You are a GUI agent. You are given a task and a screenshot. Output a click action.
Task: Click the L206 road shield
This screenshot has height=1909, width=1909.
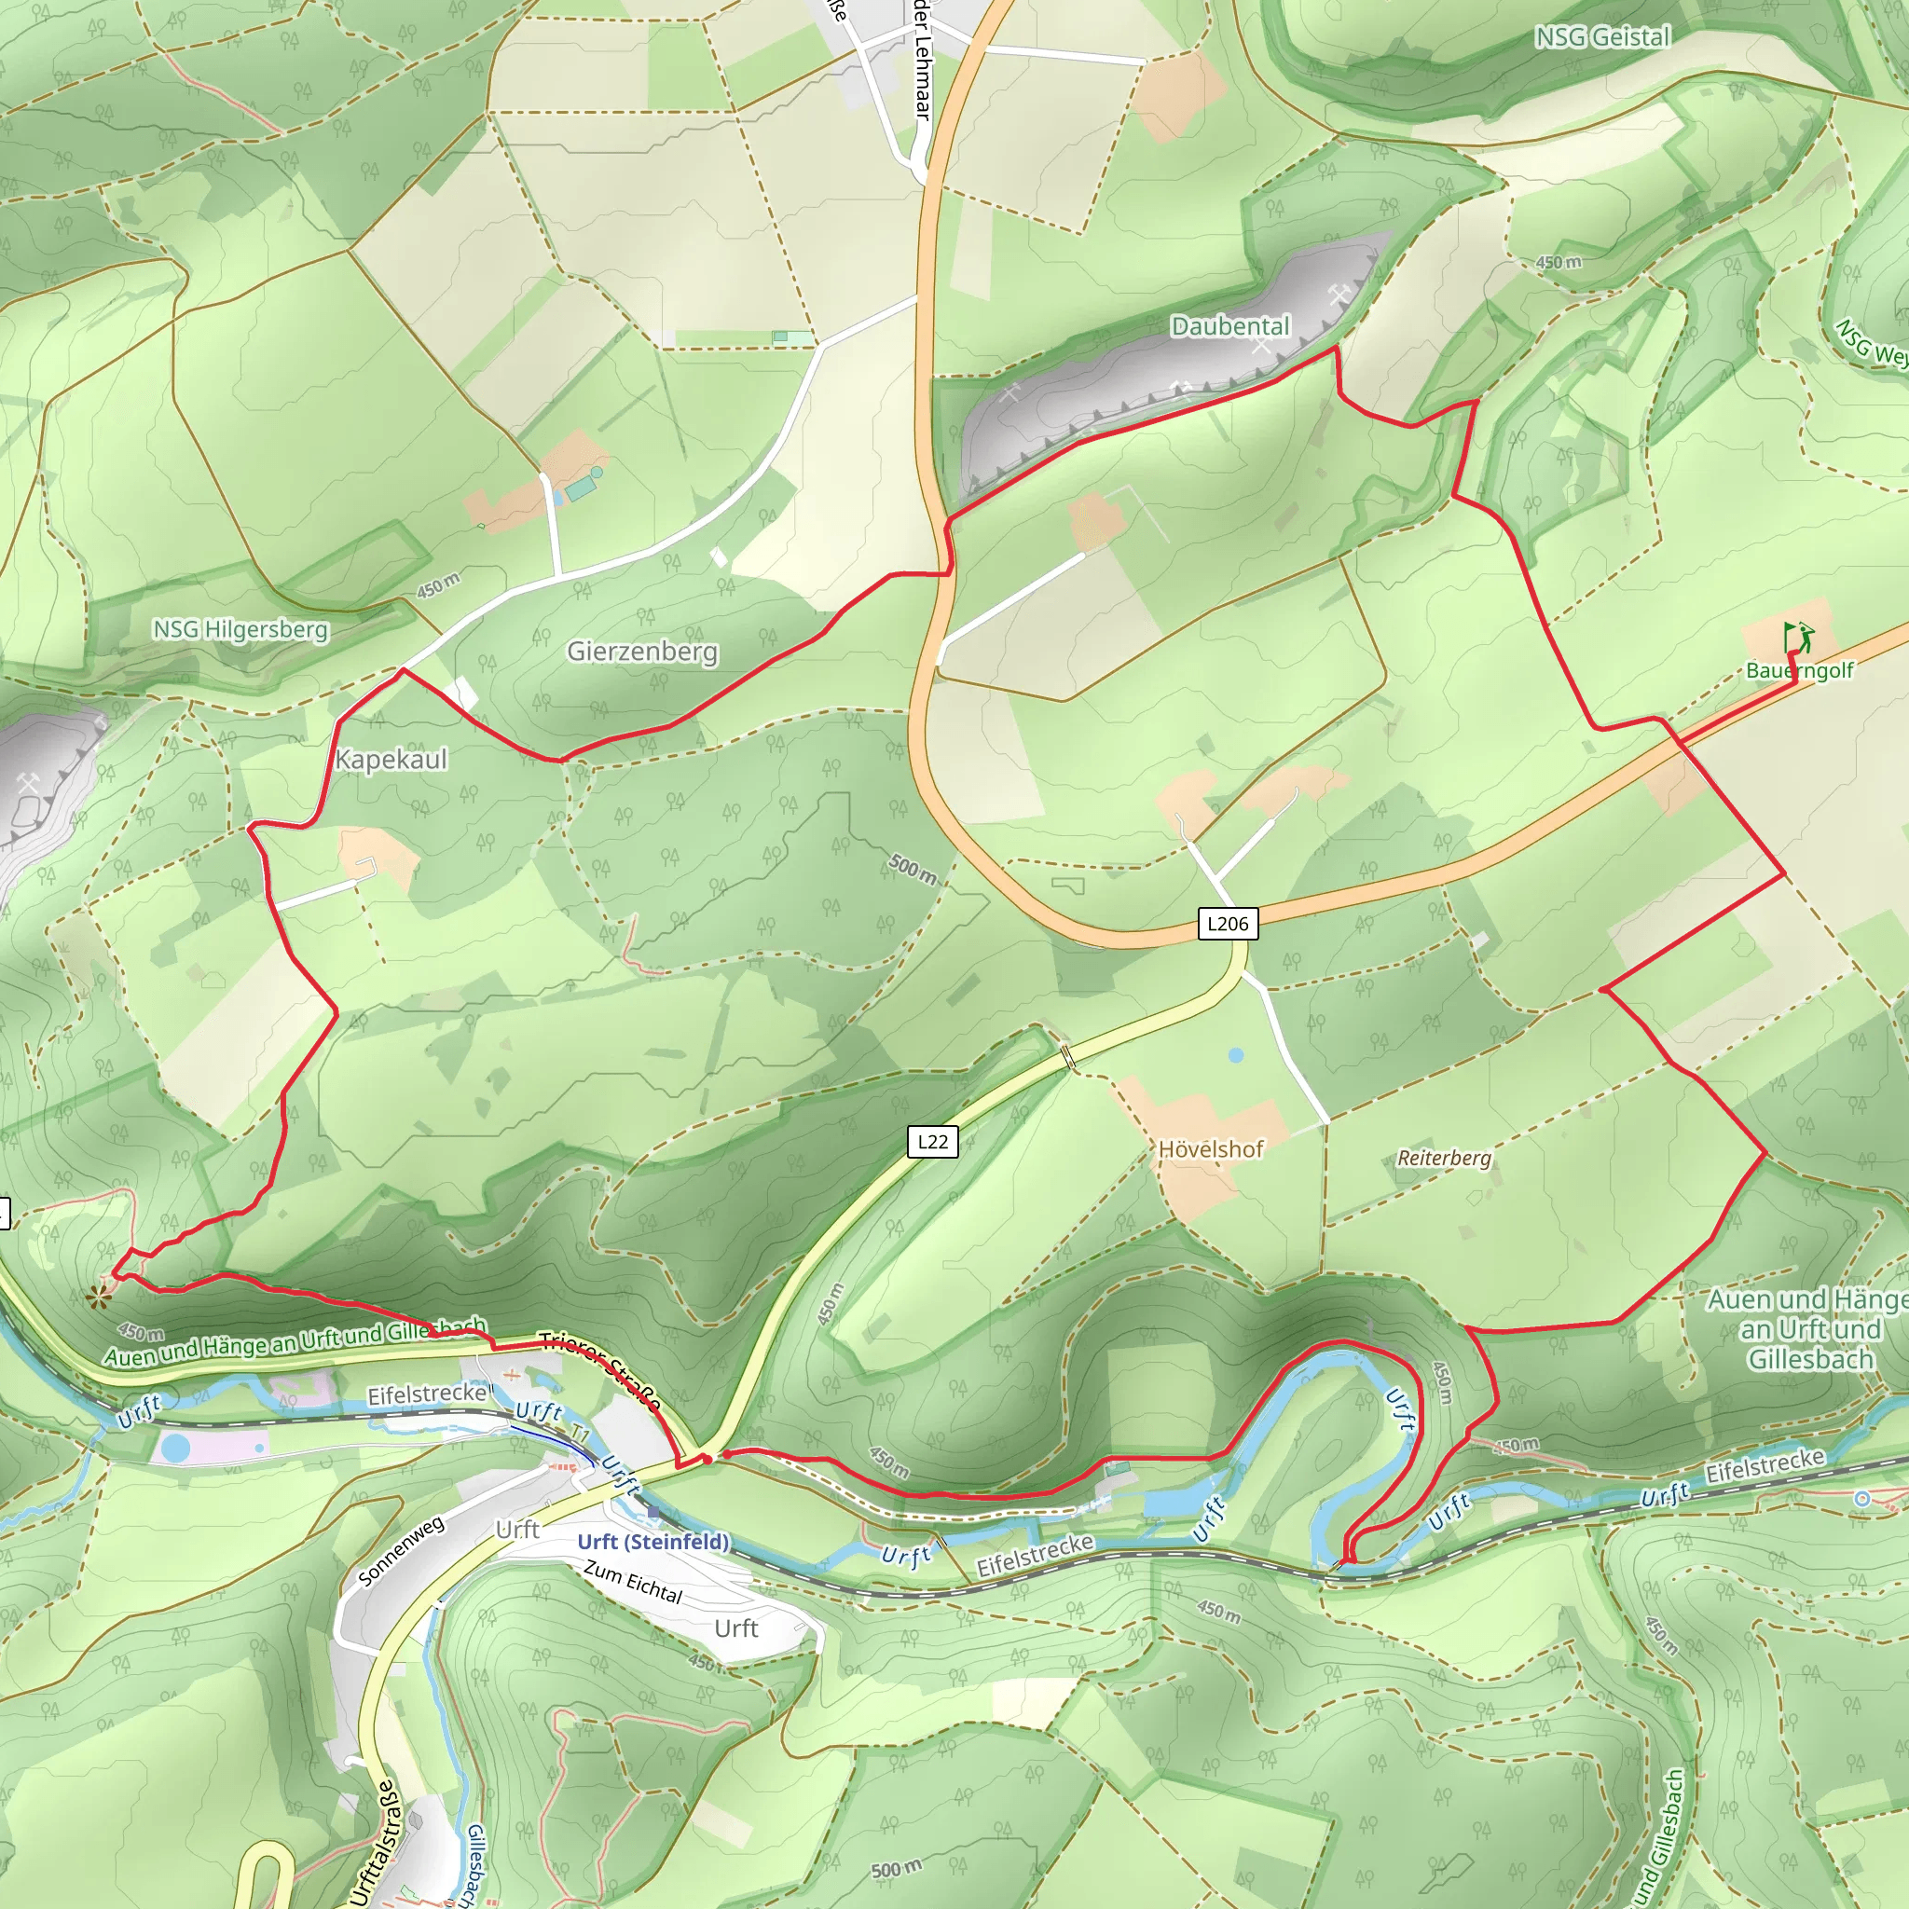[x=1228, y=924]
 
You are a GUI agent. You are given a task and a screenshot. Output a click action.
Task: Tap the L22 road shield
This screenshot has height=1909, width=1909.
[x=933, y=1142]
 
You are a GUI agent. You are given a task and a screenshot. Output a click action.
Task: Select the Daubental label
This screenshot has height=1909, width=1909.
[x=1230, y=326]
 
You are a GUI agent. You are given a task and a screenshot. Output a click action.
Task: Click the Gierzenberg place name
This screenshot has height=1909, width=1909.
[x=642, y=652]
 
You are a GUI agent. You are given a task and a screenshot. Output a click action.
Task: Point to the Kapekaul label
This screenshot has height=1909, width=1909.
[x=391, y=759]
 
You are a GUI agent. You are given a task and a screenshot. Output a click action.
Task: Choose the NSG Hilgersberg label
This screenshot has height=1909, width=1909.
[x=240, y=629]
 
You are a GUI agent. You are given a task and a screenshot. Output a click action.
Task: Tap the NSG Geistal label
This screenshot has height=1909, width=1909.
[x=1601, y=37]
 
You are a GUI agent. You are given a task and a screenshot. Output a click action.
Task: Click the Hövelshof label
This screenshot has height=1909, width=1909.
[x=1211, y=1149]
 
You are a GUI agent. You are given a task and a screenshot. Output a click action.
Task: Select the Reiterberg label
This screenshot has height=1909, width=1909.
[x=1444, y=1157]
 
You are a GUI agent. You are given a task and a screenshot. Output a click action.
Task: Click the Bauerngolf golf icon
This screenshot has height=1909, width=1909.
[x=1799, y=637]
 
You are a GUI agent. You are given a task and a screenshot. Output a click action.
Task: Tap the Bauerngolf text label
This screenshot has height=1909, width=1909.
[x=1799, y=670]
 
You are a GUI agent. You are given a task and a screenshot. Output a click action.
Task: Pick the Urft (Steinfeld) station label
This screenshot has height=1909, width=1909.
[x=653, y=1542]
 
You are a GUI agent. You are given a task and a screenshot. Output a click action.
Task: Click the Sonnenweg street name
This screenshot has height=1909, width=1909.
[x=401, y=1551]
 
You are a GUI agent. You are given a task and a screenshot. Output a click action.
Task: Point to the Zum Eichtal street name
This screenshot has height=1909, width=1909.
[x=633, y=1582]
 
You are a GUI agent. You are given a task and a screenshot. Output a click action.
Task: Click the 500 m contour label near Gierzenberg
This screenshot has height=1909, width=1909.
[x=912, y=869]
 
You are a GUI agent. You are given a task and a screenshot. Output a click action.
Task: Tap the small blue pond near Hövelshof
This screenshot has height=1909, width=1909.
[x=1236, y=1055]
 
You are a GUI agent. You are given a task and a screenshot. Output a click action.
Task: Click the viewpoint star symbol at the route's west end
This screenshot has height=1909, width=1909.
[x=99, y=1298]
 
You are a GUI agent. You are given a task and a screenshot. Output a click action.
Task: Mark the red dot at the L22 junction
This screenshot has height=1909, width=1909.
[x=707, y=1459]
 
